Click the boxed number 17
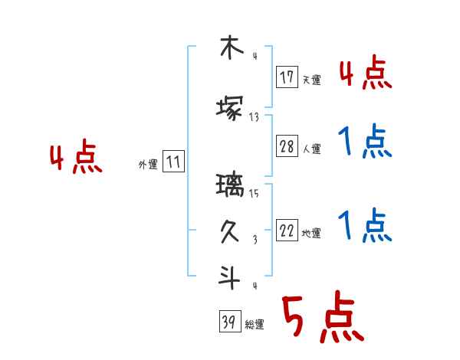(287, 77)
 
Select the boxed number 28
(287, 147)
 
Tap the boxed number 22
(287, 231)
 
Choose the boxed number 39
(228, 322)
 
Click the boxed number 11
(173, 162)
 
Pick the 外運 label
(147, 165)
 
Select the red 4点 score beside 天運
(365, 74)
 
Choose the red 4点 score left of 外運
(75, 159)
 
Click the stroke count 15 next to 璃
(254, 194)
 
